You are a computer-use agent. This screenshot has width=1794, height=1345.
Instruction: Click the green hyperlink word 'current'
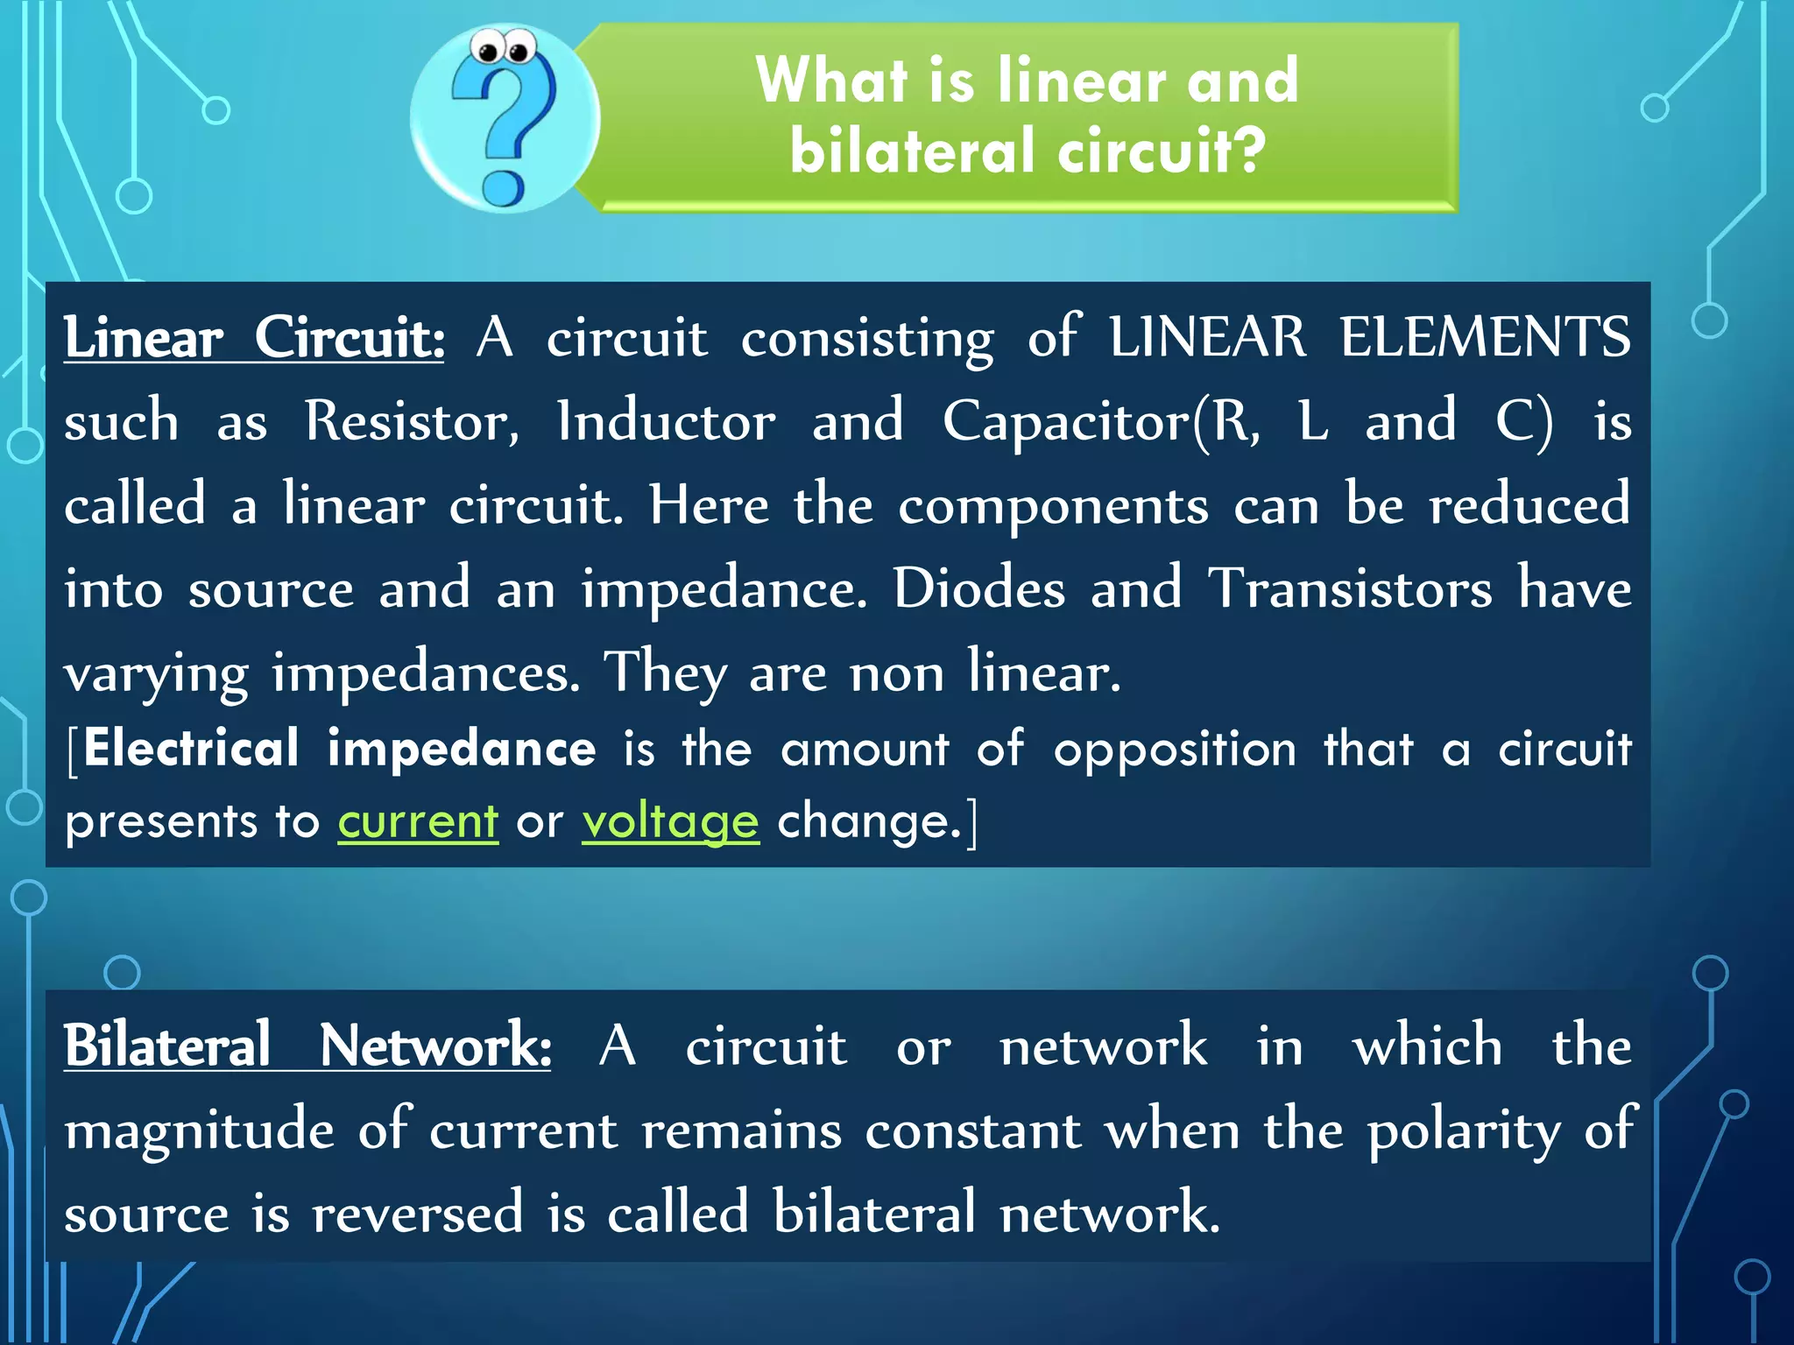pyautogui.click(x=418, y=821)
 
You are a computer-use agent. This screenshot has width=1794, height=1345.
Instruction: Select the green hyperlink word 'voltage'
pyautogui.click(x=670, y=821)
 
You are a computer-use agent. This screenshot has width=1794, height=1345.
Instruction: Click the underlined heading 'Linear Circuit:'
pyautogui.click(x=254, y=338)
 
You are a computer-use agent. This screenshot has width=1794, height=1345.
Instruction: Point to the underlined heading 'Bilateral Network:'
pyautogui.click(x=307, y=1046)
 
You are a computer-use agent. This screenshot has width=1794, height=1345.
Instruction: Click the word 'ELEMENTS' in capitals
pyautogui.click(x=1485, y=338)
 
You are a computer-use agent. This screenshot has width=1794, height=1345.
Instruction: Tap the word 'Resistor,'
pyautogui.click(x=412, y=422)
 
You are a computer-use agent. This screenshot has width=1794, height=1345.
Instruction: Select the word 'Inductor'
pyautogui.click(x=667, y=422)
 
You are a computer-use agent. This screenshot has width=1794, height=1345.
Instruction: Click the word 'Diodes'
pyautogui.click(x=979, y=588)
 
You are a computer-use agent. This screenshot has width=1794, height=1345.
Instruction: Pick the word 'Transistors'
pyautogui.click(x=1350, y=588)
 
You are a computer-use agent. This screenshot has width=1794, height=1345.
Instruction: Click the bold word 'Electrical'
pyautogui.click(x=192, y=749)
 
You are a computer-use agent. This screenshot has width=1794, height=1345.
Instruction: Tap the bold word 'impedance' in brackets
pyautogui.click(x=462, y=750)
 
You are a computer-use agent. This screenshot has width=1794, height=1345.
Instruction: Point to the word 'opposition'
pyautogui.click(x=1175, y=750)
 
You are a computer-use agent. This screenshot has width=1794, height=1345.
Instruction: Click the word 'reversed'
pyautogui.click(x=418, y=1214)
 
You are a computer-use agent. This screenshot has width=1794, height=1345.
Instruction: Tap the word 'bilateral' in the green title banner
pyautogui.click(x=912, y=151)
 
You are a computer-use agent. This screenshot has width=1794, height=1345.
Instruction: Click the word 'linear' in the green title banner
pyautogui.click(x=1082, y=81)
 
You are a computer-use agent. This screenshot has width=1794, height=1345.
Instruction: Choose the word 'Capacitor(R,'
pyautogui.click(x=1102, y=422)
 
